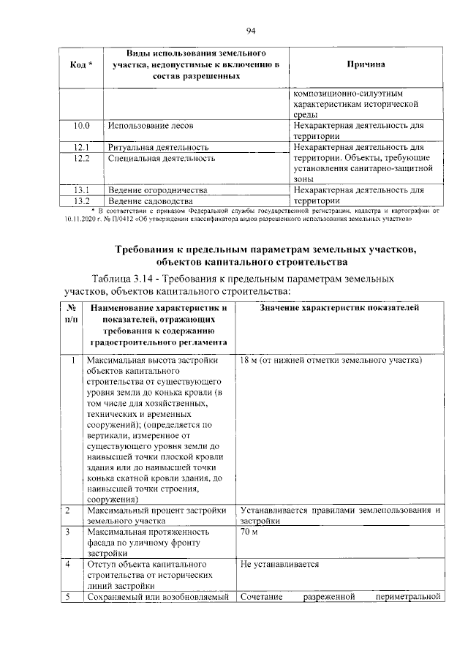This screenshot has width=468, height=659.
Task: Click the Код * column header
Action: point(81,65)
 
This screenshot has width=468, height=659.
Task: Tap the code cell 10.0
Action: point(81,125)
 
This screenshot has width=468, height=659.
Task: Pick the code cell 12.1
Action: point(81,147)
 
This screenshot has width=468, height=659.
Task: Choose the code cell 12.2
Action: point(81,158)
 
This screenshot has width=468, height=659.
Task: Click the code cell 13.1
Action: point(81,189)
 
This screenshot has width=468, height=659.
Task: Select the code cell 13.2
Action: point(81,200)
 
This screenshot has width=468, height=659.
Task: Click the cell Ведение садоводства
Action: point(150,200)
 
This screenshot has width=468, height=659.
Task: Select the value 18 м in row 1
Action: point(249,361)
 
